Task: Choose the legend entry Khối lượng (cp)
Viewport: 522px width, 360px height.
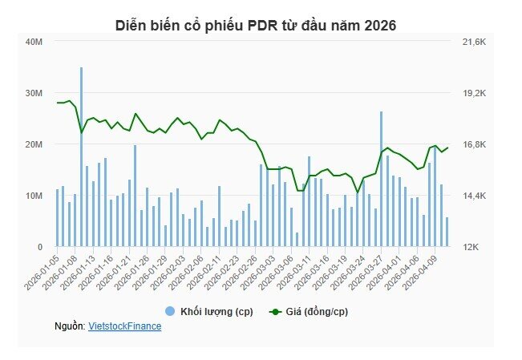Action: pyautogui.click(x=209, y=311)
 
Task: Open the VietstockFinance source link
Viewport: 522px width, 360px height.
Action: pyautogui.click(x=125, y=326)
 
